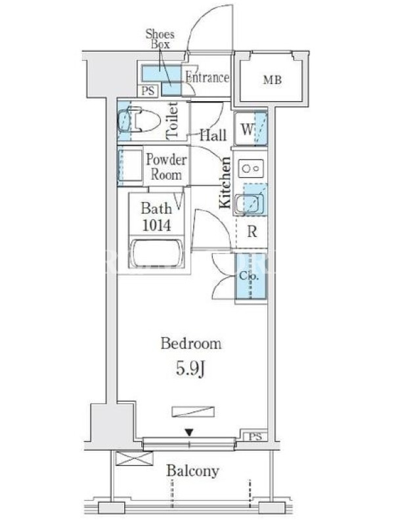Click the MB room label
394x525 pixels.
273,80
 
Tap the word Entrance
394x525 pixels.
208,77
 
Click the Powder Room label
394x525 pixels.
166,167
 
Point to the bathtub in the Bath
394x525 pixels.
156,253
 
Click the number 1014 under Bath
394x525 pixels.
156,225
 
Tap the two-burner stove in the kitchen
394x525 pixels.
251,169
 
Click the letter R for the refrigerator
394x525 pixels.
252,232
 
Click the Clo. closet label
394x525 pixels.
249,276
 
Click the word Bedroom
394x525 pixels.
191,344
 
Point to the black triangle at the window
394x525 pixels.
189,433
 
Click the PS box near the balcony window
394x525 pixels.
255,436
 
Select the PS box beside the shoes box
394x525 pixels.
148,91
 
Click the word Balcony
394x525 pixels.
192,471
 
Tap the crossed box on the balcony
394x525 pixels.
135,458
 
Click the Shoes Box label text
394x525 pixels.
160,39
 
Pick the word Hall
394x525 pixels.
213,135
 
